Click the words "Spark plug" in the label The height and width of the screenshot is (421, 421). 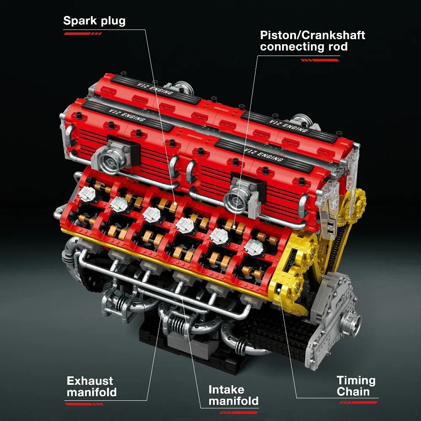pos(94,21)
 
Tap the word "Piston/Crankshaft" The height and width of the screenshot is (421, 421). pos(312,35)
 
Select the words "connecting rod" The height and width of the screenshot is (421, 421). pos(304,46)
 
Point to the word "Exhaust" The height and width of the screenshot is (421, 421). pos(90,381)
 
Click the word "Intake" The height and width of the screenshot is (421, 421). pos(226,389)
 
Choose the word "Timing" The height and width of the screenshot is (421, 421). pos(356,381)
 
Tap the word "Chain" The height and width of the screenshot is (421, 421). pos(353,392)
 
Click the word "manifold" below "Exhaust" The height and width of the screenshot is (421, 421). pos(91,392)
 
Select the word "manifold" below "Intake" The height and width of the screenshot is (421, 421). pos(233,401)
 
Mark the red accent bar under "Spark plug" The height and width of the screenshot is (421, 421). pos(83,34)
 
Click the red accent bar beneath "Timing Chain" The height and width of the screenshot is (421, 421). pos(358,402)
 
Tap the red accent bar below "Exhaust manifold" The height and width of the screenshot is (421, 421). pos(84,404)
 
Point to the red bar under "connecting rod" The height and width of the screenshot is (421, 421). pos(320,60)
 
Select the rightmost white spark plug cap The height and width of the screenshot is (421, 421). pos(253,247)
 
